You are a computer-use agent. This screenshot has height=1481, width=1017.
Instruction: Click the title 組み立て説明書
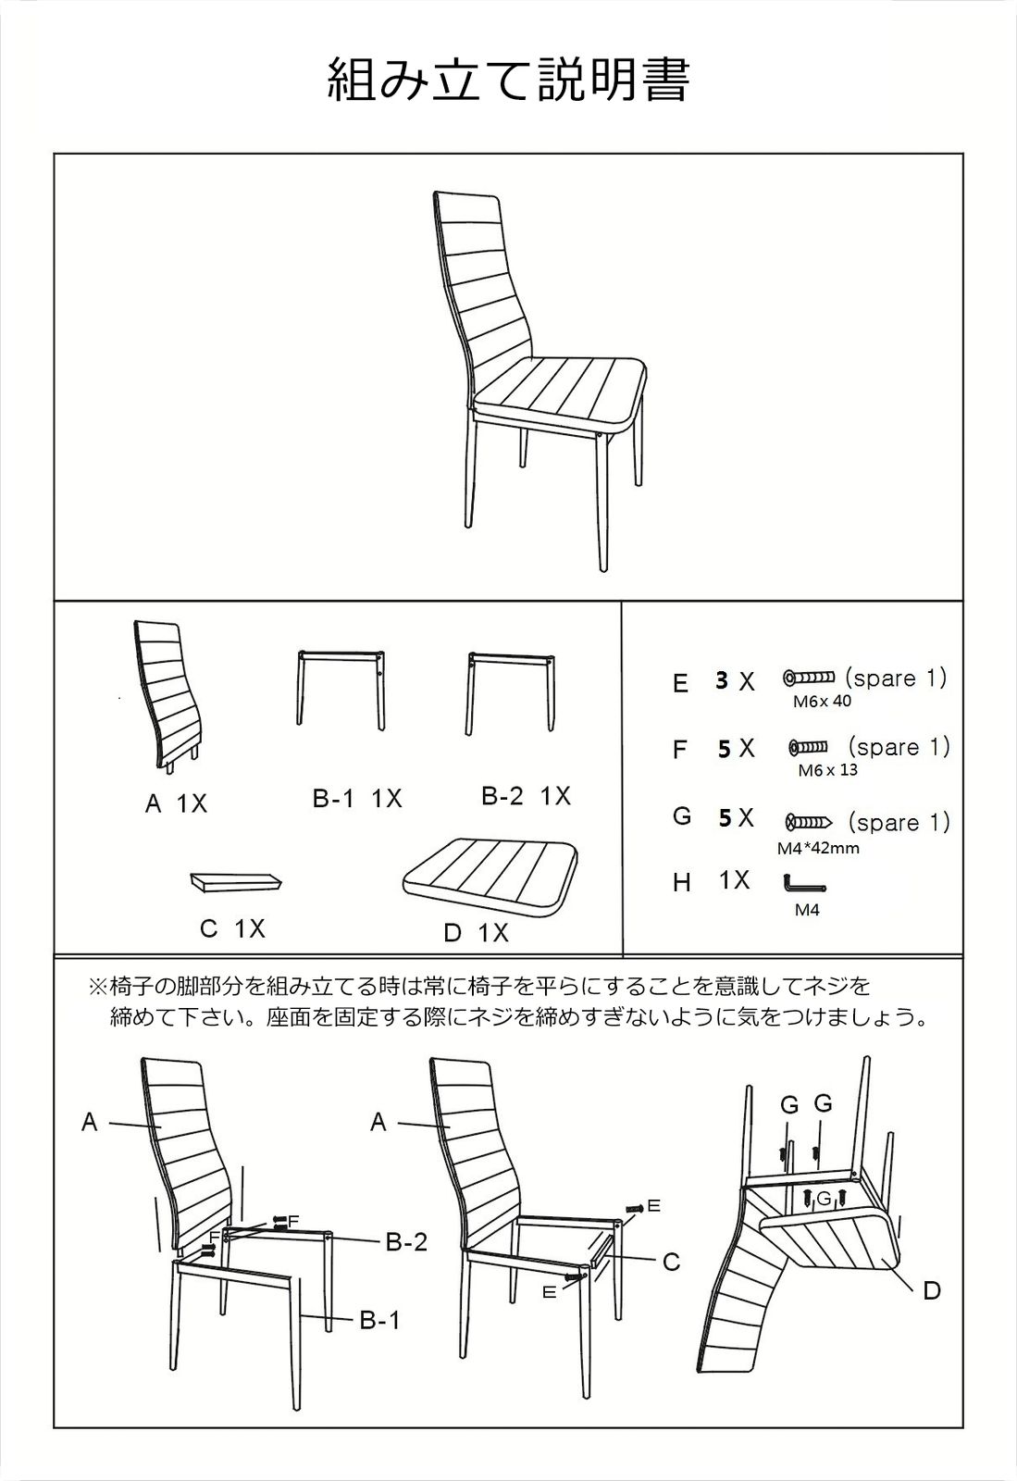coord(508,80)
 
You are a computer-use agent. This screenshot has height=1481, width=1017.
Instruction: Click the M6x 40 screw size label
coord(822,701)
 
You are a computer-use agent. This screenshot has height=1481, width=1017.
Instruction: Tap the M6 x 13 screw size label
coord(827,770)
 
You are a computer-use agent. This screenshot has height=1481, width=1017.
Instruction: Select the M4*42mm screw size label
coord(818,848)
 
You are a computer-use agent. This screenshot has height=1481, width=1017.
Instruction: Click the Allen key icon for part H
coord(802,886)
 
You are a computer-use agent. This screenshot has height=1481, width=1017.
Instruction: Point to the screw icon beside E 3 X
coord(809,678)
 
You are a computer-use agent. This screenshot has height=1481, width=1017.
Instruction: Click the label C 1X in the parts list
coord(232,928)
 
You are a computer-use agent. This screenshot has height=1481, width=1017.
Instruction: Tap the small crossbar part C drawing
coord(237,880)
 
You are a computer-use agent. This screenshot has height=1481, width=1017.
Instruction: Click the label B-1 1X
coord(357,799)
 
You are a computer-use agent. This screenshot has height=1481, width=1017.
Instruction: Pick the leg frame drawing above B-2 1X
coord(512,690)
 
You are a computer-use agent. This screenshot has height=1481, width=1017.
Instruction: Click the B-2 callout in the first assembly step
coord(406,1242)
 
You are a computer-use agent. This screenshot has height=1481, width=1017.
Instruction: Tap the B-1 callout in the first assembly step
coord(379,1321)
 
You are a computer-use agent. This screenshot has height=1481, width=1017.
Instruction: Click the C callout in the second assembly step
coord(671,1262)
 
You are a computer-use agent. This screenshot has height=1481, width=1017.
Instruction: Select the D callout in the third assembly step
coord(931,1290)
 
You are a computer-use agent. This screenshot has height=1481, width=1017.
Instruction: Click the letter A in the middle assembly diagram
coord(378,1123)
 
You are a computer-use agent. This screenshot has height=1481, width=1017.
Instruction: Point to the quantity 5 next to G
coord(725,817)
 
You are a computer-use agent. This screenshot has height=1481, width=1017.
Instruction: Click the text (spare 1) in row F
coord(899,747)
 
